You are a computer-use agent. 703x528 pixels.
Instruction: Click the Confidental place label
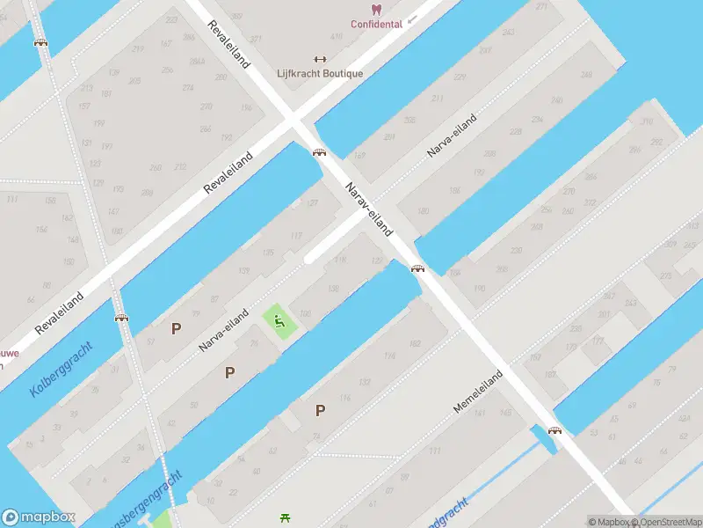(x=376, y=25)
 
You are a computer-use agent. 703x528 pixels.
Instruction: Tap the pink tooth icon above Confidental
(x=376, y=10)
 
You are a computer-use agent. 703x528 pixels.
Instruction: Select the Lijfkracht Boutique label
(x=319, y=74)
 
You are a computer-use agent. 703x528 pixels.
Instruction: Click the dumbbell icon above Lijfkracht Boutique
(x=319, y=60)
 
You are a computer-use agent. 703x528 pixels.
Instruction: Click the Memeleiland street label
(x=478, y=392)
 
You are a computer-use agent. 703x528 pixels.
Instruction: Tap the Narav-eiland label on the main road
(x=368, y=209)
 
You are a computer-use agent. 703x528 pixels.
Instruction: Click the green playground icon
(x=279, y=320)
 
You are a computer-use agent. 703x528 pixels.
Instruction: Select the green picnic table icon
(x=285, y=517)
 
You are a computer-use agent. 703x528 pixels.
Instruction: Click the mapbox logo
(x=39, y=517)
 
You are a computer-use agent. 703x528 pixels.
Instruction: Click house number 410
(x=336, y=37)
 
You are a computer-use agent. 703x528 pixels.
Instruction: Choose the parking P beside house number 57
(x=176, y=328)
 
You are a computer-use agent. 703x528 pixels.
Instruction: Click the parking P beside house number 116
(x=320, y=410)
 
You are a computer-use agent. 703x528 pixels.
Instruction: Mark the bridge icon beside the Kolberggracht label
(x=121, y=318)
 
